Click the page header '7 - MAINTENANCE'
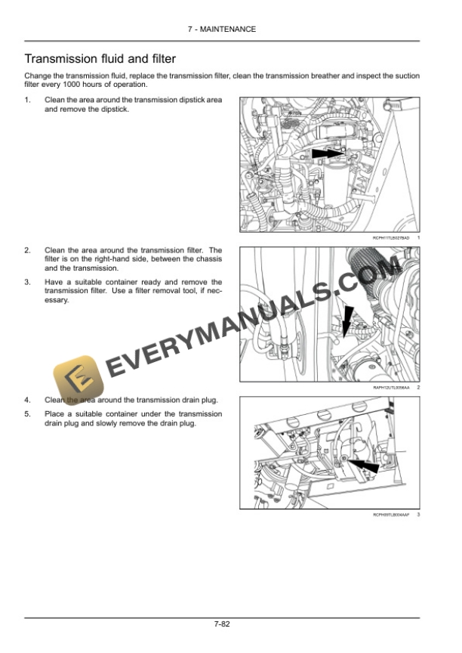click(x=232, y=29)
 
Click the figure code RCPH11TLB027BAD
click(x=390, y=238)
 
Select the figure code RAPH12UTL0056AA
click(x=390, y=388)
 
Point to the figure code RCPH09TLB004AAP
click(x=390, y=515)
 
